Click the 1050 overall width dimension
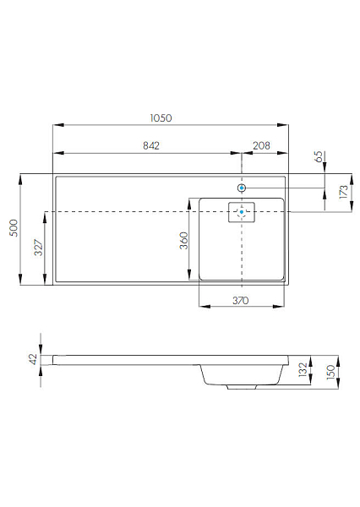[161, 118]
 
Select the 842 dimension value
[151, 146]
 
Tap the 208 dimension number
[261, 146]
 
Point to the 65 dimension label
[319, 157]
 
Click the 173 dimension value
[343, 192]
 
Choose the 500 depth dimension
[14, 228]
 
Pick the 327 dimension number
[38, 248]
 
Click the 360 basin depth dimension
[183, 241]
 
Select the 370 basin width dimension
[241, 301]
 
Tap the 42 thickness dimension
[33, 359]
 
